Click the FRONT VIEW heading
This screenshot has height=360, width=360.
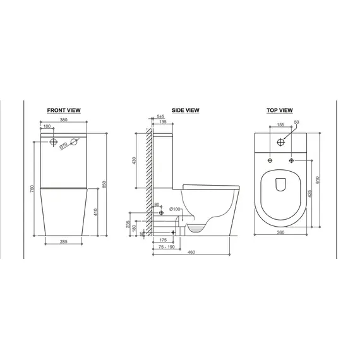(x=64, y=110)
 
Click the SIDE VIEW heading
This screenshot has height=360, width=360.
(x=186, y=110)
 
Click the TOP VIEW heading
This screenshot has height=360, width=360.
(x=280, y=110)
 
